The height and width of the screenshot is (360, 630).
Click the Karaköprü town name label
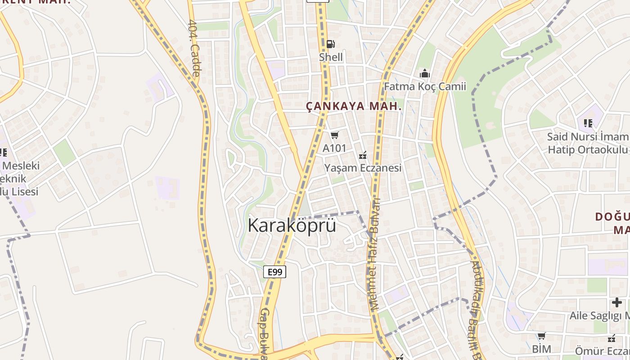click(292, 225)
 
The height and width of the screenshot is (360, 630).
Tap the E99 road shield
click(274, 271)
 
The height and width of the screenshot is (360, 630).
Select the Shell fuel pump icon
click(331, 44)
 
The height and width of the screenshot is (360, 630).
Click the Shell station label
click(331, 57)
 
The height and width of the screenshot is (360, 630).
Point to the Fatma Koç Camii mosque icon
click(424, 73)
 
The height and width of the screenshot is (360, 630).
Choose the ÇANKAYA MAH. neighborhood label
click(354, 107)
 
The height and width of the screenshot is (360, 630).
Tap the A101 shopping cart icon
click(334, 135)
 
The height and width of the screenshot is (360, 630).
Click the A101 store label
click(334, 148)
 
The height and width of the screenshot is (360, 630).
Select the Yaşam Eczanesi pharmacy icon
click(363, 155)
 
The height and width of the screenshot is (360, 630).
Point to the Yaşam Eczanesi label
click(363, 168)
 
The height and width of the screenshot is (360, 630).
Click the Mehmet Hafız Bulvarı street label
click(375, 254)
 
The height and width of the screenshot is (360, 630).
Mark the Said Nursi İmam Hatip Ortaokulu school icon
click(588, 123)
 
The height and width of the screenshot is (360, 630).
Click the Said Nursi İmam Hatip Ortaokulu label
click(588, 143)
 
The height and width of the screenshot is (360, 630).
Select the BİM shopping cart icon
click(541, 336)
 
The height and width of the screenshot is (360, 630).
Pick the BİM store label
click(541, 349)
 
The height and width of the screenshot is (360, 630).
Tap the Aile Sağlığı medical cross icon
click(616, 303)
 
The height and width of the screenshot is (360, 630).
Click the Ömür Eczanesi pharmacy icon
click(612, 338)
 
